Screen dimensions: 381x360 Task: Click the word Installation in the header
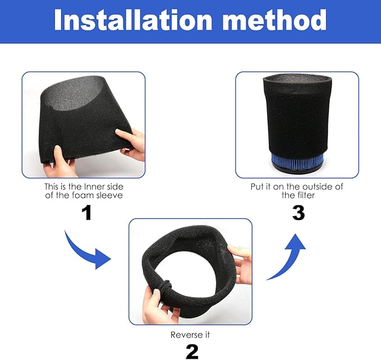(133, 20)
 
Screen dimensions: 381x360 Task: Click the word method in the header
(274, 20)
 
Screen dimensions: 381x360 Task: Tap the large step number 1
(86, 213)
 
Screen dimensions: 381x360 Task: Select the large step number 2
(192, 352)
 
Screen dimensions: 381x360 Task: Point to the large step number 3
(299, 213)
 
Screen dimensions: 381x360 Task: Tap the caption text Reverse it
(190, 335)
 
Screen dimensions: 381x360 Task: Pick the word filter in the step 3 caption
(306, 195)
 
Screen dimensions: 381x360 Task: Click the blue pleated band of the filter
(297, 160)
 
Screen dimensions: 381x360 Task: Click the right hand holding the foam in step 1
(131, 144)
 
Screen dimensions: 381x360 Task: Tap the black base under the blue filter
(297, 168)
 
